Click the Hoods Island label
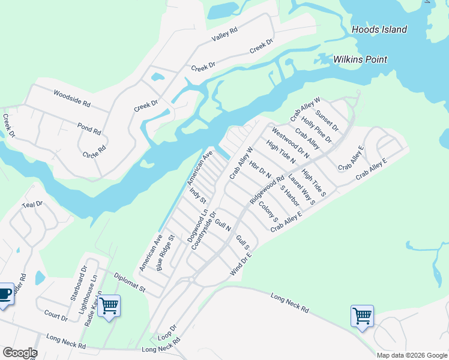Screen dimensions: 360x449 [x=379, y=29]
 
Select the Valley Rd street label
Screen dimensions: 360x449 [x=225, y=34]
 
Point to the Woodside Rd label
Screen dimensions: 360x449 [x=71, y=98]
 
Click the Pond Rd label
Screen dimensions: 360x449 [x=89, y=128]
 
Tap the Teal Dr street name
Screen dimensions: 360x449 [x=32, y=205]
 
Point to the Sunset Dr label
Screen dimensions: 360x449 [x=327, y=121]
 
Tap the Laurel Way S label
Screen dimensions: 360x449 [x=301, y=190]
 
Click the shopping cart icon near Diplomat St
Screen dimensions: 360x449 [x=109, y=306]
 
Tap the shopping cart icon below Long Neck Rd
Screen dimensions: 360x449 [x=362, y=316]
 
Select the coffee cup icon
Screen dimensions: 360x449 [x=5, y=294]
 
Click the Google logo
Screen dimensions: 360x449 [x=19, y=353]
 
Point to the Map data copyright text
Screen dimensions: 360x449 [x=411, y=355]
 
